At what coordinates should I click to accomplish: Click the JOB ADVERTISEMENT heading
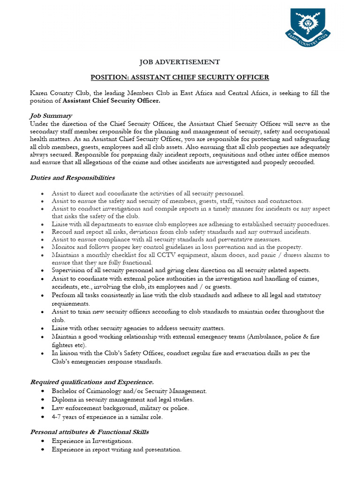180,62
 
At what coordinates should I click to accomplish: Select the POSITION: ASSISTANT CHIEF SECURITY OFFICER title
180,77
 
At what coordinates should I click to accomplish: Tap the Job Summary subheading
51,116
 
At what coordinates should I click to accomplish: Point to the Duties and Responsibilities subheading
72,178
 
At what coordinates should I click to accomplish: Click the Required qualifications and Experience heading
91,382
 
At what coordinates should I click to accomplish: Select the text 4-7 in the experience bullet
57,416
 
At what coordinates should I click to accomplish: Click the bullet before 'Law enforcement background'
43,408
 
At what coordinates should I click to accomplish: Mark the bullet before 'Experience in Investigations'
43,441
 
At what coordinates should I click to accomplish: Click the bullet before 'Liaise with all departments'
43,225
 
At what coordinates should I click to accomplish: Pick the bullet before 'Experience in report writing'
43,450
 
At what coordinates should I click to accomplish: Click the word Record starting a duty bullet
62,232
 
